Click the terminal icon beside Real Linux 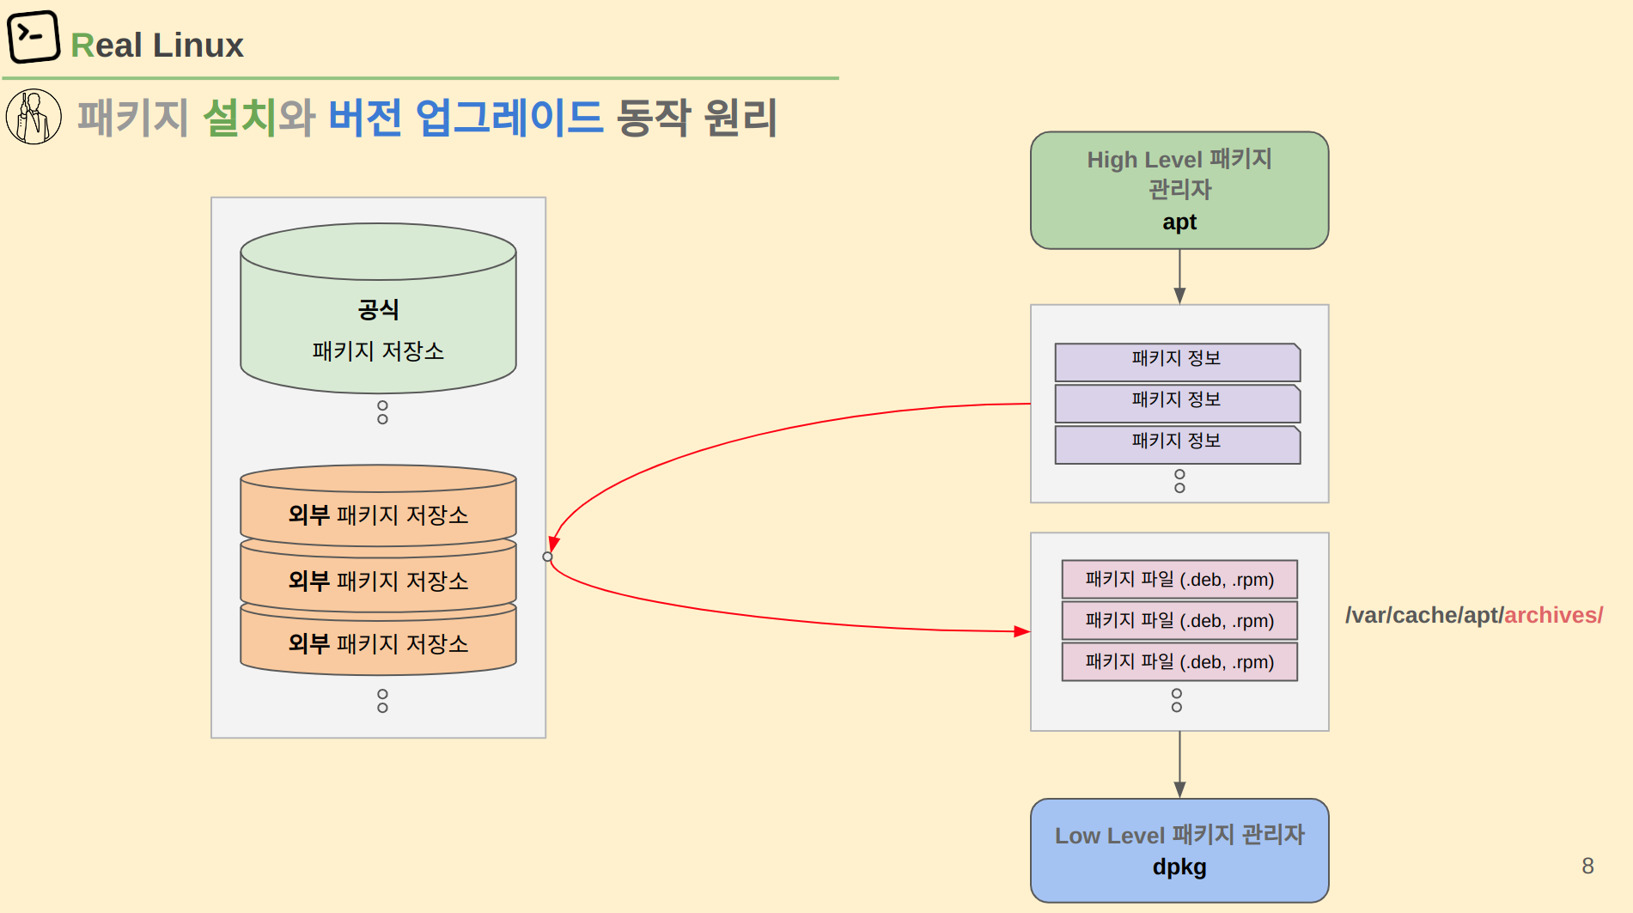click(x=34, y=37)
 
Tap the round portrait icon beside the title click(x=34, y=117)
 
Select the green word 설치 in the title click(x=240, y=117)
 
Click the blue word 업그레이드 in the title click(x=509, y=117)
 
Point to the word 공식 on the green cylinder click(x=378, y=309)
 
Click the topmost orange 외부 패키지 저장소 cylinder click(x=378, y=506)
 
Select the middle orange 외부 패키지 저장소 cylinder click(x=378, y=575)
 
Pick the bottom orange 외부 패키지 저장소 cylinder click(x=378, y=640)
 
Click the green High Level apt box click(x=1179, y=190)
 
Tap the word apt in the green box click(x=1179, y=222)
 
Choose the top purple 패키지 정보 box click(x=1178, y=362)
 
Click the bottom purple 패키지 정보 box click(x=1178, y=445)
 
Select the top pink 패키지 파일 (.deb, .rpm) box click(x=1179, y=580)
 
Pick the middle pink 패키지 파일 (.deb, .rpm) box click(x=1179, y=621)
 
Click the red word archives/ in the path click(x=1553, y=615)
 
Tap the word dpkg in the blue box click(x=1179, y=867)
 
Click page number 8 click(x=1587, y=866)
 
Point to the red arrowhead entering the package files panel click(x=1022, y=631)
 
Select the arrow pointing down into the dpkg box click(x=1179, y=764)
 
